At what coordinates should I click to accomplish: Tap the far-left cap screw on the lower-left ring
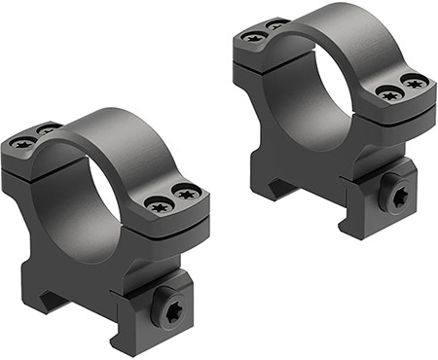click(22, 142)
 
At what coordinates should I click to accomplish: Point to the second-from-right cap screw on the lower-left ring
click(159, 205)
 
